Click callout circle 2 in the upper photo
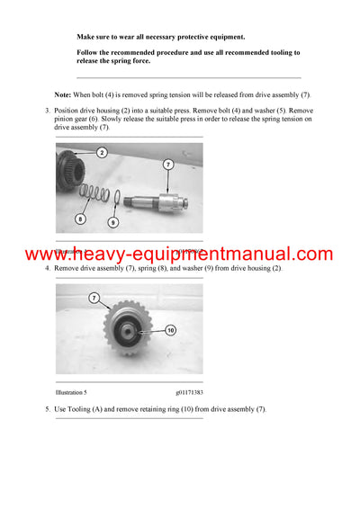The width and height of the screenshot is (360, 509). tap(102, 153)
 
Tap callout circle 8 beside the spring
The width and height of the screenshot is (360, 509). tap(80, 219)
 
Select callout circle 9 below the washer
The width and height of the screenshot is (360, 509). tap(112, 221)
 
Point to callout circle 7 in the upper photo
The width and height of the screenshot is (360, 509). tap(168, 164)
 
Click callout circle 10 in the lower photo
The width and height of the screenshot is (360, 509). tap(171, 330)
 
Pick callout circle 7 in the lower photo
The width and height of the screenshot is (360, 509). tap(94, 297)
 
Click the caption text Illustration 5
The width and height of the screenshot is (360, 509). tap(74, 392)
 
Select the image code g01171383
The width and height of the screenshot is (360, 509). tap(189, 392)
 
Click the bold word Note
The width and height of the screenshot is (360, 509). tap(63, 94)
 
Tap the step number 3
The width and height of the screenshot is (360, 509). tap(47, 109)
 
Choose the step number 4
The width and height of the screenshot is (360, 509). tap(47, 268)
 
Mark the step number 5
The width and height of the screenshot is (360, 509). tap(47, 409)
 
